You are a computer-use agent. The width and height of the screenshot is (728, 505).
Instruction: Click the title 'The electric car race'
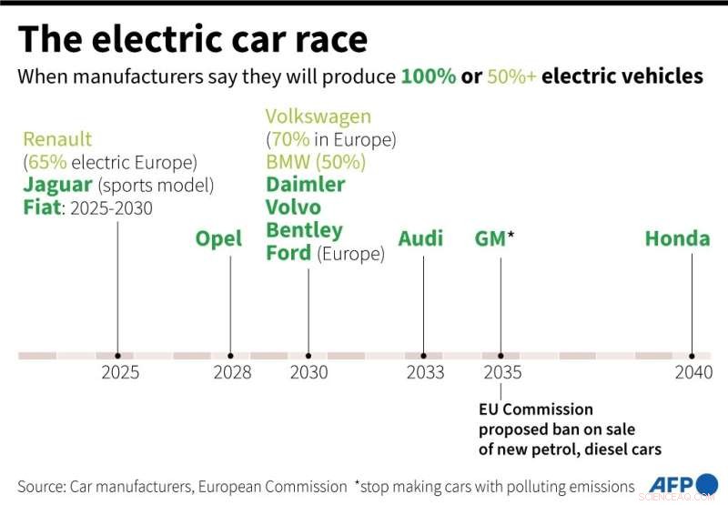click(x=193, y=39)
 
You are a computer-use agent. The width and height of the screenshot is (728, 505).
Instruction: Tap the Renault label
click(x=57, y=139)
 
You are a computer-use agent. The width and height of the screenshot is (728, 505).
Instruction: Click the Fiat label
click(x=43, y=207)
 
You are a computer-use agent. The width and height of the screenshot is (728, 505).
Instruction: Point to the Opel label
click(x=219, y=239)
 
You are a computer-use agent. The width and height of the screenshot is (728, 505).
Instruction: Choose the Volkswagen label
click(x=318, y=116)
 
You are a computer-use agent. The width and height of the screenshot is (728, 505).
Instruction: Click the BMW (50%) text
click(x=316, y=162)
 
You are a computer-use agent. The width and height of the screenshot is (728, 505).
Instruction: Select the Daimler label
click(x=306, y=185)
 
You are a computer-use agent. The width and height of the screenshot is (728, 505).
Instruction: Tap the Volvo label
click(x=293, y=207)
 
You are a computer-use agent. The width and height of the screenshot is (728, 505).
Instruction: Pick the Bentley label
click(x=304, y=230)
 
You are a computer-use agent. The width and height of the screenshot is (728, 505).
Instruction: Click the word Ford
click(x=288, y=253)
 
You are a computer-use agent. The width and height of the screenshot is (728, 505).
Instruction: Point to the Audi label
click(x=420, y=239)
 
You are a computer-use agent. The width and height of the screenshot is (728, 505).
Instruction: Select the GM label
click(x=490, y=239)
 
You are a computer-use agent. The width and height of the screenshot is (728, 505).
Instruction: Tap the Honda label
click(x=677, y=239)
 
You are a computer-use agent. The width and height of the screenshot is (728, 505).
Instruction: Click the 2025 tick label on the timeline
click(x=120, y=372)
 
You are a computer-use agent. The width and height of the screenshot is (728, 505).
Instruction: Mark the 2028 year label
click(x=232, y=372)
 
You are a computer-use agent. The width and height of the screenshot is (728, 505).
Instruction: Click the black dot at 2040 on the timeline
click(x=693, y=356)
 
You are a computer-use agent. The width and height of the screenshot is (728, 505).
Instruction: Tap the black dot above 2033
click(x=424, y=356)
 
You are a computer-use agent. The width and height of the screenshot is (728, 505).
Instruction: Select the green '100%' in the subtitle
click(x=429, y=76)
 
